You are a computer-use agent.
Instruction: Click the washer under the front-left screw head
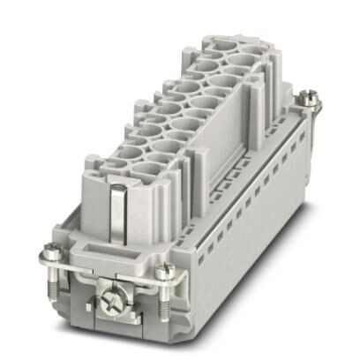pyautogui.click(x=54, y=262)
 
